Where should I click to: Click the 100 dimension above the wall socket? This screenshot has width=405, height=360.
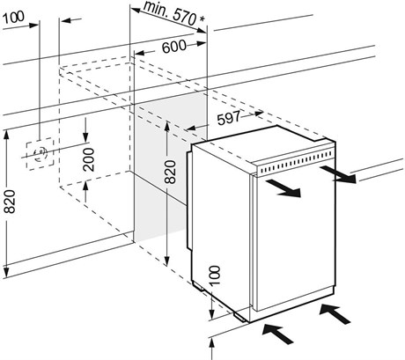point(13,18)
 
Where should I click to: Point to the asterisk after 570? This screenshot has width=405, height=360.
point(202,19)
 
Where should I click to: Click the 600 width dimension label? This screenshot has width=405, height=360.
point(174,47)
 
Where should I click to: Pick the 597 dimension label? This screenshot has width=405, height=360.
point(229,118)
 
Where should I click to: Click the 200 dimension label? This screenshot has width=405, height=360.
point(88,160)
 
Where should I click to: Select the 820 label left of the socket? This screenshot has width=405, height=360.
point(10,202)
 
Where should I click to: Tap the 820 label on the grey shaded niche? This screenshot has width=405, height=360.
point(170,172)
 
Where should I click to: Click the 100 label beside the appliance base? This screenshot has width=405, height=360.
point(215,276)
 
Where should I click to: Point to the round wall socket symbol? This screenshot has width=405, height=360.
point(40,154)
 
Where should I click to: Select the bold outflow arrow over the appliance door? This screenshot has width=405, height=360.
point(283,188)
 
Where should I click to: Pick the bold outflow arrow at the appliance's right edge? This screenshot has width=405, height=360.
point(338,174)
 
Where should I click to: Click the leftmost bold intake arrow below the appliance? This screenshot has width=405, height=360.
point(277,334)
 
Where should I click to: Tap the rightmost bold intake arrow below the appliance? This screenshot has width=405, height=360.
point(335,314)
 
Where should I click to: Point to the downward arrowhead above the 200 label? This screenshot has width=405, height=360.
point(85,136)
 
